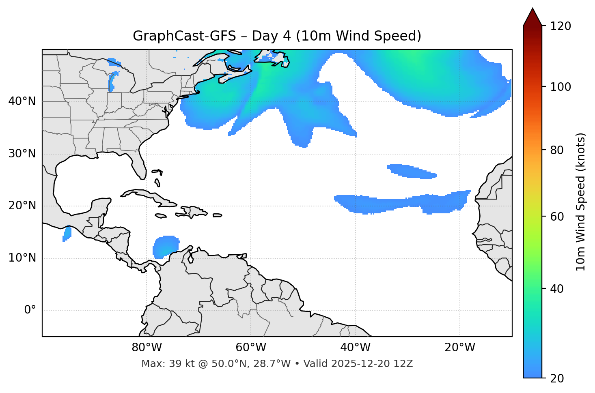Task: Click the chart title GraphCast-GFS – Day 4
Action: point(277,36)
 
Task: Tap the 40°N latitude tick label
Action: point(22,101)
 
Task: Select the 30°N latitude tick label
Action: point(22,154)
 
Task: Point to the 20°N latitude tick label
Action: point(22,206)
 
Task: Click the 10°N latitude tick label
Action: point(22,258)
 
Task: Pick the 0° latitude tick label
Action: point(30,310)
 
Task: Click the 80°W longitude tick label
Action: point(147,348)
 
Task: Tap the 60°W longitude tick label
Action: point(251,348)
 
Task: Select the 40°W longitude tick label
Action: point(355,348)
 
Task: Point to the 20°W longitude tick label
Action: point(460,348)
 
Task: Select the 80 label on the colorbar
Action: point(558,150)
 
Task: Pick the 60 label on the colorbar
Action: point(558,217)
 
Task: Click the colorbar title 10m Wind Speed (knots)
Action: point(581,202)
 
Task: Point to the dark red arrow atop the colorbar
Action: point(532,17)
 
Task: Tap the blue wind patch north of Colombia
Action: point(165,246)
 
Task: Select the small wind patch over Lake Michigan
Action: point(112,82)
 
